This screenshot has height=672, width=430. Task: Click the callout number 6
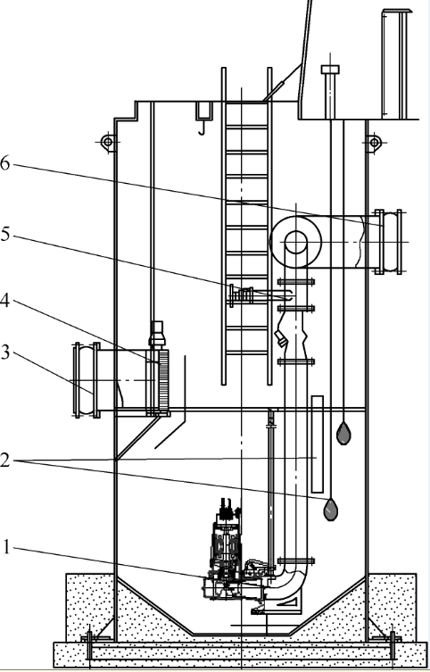[x=4, y=163]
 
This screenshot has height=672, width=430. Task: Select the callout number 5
[x=4, y=235]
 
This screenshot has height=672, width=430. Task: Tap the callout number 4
[x=4, y=301]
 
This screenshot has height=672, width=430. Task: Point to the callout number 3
[x=4, y=353]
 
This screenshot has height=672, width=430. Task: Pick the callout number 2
[x=4, y=460]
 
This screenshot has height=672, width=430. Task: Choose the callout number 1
[x=5, y=547]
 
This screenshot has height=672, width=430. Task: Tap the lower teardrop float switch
[x=330, y=510]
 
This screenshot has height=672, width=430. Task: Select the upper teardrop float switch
[x=343, y=434]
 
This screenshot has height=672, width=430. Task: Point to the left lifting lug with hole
[x=107, y=142]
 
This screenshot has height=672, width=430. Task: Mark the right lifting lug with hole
[x=374, y=142]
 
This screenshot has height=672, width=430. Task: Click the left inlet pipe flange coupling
[x=87, y=380]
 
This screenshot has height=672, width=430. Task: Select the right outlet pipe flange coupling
[x=388, y=242]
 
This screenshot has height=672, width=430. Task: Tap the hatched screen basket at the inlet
[x=163, y=382]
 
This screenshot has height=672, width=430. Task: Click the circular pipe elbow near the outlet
[x=295, y=242]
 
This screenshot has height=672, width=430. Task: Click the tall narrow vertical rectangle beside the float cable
[x=318, y=444]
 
